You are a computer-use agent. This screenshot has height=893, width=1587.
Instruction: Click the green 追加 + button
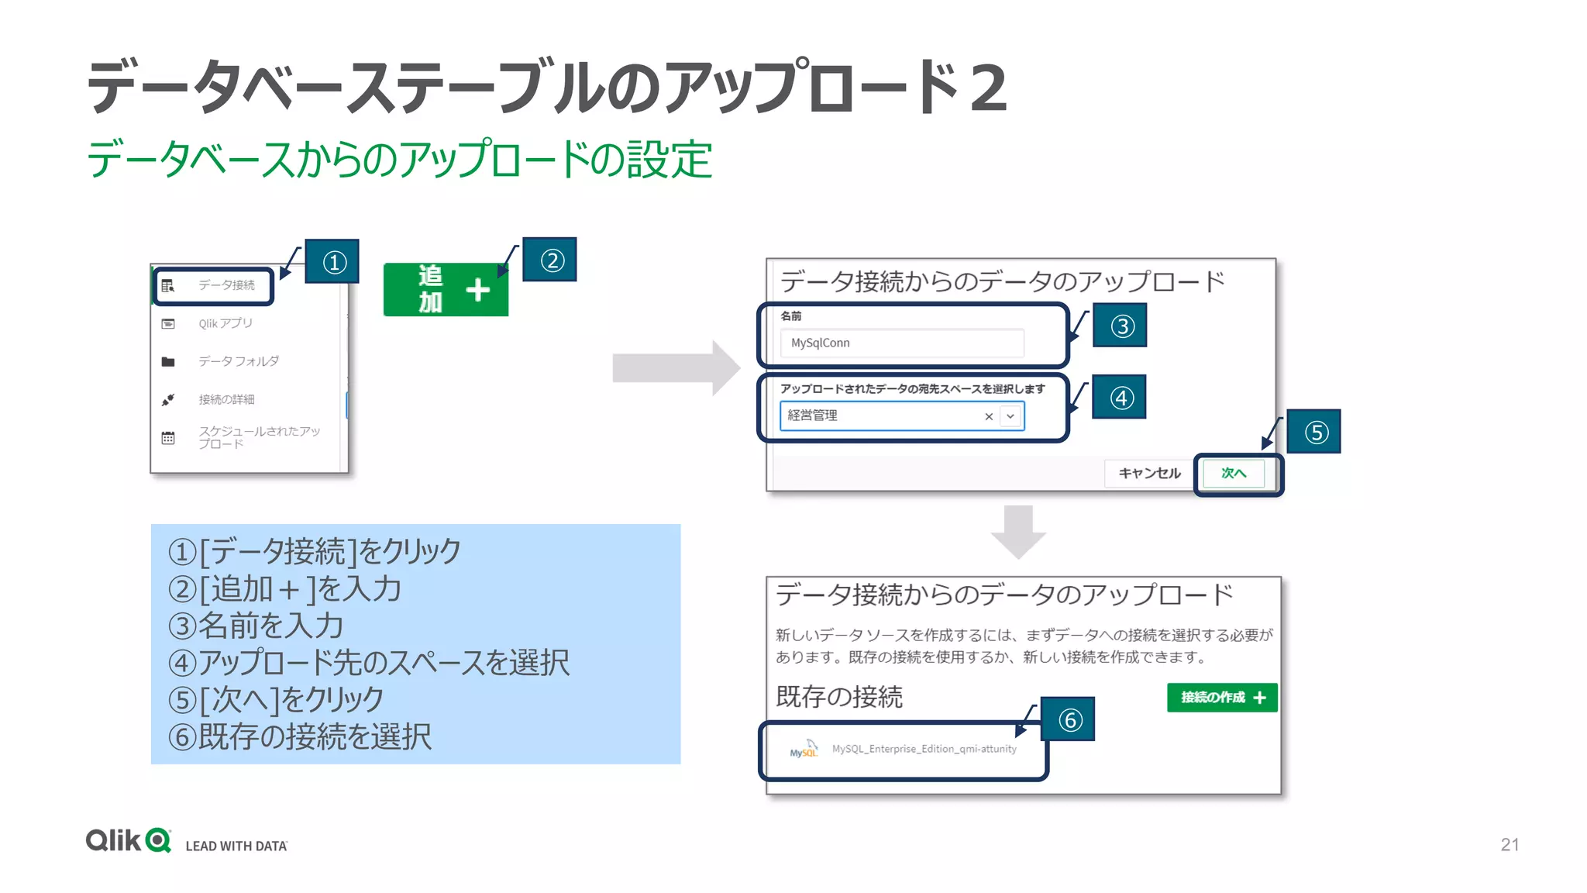(x=446, y=289)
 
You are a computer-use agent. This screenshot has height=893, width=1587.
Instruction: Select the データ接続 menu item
(x=225, y=285)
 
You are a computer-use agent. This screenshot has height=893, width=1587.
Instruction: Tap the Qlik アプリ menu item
(x=225, y=323)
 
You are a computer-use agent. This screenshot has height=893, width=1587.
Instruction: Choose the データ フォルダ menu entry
(x=238, y=361)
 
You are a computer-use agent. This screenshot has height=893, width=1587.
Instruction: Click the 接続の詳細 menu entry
(x=226, y=399)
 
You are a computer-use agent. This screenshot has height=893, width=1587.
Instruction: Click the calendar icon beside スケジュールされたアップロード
(x=168, y=438)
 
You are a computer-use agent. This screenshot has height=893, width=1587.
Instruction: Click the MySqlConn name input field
(x=902, y=343)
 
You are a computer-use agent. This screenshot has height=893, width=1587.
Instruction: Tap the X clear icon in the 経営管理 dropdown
(x=989, y=416)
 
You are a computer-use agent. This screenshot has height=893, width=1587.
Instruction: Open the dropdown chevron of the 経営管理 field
(x=1010, y=416)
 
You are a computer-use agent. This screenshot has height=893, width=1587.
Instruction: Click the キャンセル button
(x=1149, y=473)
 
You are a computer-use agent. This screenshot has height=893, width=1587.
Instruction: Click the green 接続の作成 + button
(x=1222, y=698)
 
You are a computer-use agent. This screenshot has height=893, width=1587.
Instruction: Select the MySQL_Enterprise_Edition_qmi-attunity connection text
(x=924, y=749)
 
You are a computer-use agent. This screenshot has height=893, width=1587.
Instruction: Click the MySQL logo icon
(x=804, y=750)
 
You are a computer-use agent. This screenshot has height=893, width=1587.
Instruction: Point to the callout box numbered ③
(x=1120, y=326)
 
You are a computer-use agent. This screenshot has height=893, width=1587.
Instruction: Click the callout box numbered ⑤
(x=1314, y=432)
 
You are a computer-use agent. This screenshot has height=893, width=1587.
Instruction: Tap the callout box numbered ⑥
(x=1068, y=719)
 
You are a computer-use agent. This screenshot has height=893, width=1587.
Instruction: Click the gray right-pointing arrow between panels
(x=674, y=368)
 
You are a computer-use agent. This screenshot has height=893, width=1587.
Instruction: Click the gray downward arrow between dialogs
(x=1018, y=532)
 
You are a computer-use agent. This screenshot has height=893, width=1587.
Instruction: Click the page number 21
(x=1510, y=844)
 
